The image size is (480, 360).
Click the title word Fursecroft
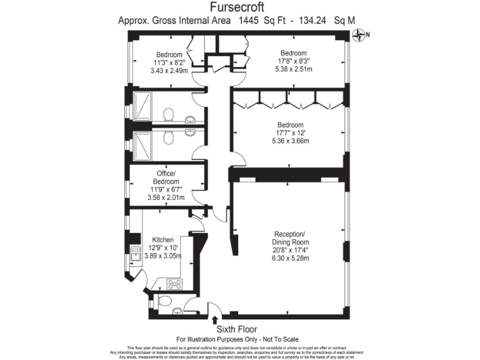click(237, 7)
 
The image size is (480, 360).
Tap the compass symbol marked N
click(361, 36)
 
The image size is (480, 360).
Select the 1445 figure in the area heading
click(251, 20)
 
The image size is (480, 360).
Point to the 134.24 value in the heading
click(314, 20)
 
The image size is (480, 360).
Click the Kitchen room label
click(163, 239)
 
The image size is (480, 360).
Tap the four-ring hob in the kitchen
click(174, 284)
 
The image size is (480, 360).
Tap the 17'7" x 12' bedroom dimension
click(291, 132)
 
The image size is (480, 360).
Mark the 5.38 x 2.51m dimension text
click(293, 69)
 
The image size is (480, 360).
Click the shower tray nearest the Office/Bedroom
click(142, 146)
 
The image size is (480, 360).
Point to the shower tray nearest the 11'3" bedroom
click(142, 107)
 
